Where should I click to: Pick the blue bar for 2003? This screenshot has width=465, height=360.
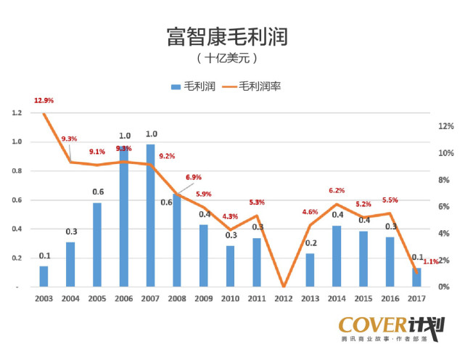click(44, 277)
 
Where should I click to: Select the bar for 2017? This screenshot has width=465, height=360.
click(416, 277)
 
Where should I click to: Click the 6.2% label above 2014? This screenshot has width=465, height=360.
click(337, 190)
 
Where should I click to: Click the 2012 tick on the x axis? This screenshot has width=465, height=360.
click(284, 298)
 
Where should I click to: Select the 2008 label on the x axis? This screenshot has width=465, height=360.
click(177, 298)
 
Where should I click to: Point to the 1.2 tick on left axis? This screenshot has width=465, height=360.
click(16, 113)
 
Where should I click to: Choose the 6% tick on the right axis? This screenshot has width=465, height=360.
click(445, 207)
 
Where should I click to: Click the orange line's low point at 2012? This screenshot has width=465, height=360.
click(284, 286)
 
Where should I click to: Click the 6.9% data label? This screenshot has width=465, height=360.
click(194, 177)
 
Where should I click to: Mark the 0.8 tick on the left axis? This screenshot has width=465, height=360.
click(16, 171)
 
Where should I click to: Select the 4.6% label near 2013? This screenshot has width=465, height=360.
click(310, 212)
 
